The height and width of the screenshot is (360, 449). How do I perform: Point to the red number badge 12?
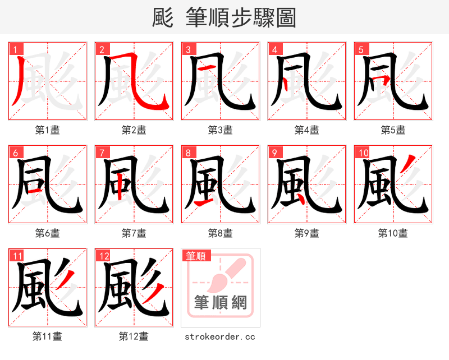point(103,256)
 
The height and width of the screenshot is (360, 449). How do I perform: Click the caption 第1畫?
point(48,130)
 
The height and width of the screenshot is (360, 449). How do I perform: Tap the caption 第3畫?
point(220,130)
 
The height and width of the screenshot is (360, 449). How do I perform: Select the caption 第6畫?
point(48,233)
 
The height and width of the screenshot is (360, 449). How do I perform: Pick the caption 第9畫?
point(306,233)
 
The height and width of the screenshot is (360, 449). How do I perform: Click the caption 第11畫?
point(48,336)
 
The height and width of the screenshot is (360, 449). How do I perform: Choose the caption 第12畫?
point(134,336)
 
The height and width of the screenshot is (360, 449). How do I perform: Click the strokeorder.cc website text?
point(220,336)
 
